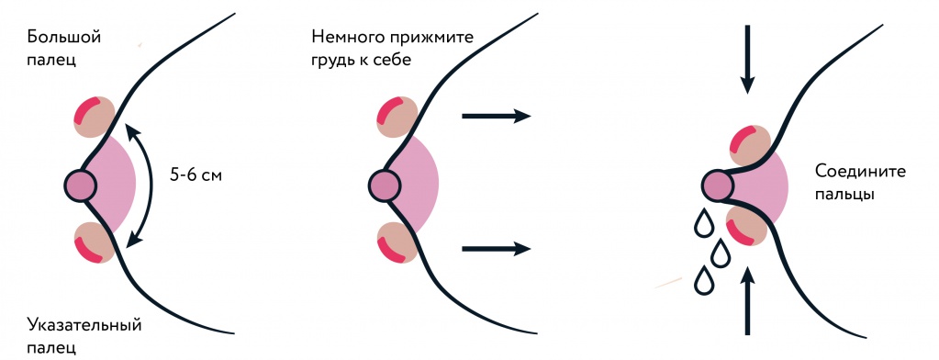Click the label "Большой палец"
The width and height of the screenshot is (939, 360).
(x=64, y=49)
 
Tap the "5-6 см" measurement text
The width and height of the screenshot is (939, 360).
(x=196, y=172)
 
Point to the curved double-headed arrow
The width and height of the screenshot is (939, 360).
(x=147, y=184)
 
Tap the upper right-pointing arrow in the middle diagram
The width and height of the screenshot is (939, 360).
(x=497, y=116)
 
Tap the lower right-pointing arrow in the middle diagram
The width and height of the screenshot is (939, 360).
(x=497, y=248)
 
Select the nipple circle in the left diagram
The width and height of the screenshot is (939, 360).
(x=81, y=185)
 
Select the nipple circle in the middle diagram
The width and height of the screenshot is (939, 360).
(x=385, y=185)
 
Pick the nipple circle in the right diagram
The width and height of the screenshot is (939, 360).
(x=718, y=186)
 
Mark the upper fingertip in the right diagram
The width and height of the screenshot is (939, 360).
(x=749, y=145)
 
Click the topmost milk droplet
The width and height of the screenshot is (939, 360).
(x=704, y=223)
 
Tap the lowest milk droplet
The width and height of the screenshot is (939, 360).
(x=705, y=280)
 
